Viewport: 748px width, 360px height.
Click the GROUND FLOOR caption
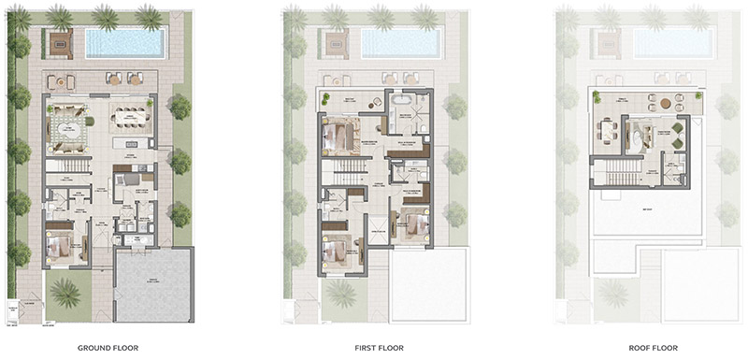click(108, 348)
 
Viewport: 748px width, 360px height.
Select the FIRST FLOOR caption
click(379, 348)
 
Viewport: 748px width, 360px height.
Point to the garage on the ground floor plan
click(152, 285)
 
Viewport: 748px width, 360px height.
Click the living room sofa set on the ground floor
click(68, 123)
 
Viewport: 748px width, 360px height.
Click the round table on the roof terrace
click(665, 103)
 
